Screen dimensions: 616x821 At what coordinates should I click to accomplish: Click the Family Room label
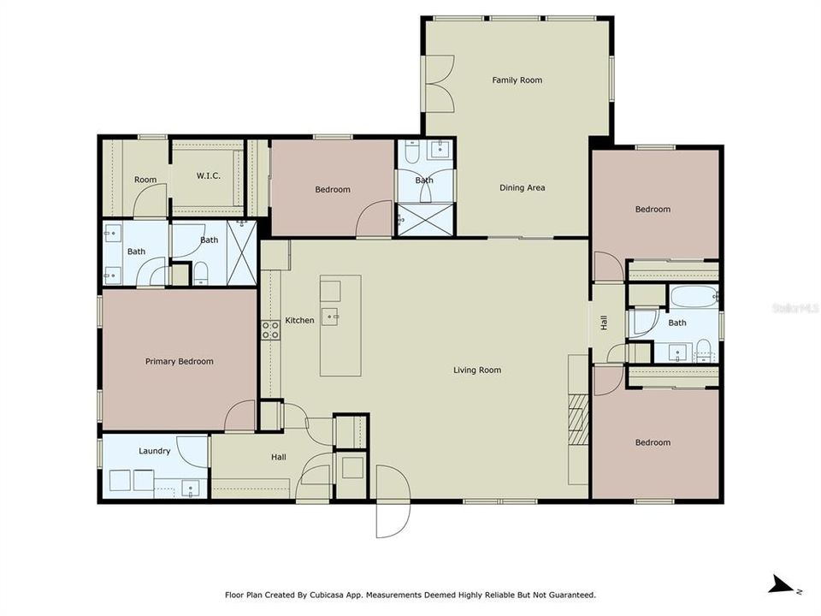(x=517, y=80)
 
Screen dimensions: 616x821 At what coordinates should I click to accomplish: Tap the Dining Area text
(x=522, y=188)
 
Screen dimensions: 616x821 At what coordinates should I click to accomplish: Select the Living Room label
(x=476, y=370)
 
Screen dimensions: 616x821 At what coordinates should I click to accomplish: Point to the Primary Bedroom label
(x=179, y=362)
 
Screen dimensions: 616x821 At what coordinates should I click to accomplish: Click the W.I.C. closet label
(x=209, y=176)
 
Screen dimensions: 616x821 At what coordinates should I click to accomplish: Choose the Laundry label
(x=155, y=451)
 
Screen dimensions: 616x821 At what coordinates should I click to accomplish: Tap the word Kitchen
(x=299, y=321)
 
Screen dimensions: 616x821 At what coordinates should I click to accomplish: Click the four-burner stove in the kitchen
(x=270, y=329)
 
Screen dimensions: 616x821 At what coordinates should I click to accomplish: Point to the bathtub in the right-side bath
(x=693, y=298)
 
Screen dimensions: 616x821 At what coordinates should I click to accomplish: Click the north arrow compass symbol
(x=780, y=585)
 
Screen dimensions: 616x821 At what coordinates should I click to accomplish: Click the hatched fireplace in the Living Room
(x=579, y=419)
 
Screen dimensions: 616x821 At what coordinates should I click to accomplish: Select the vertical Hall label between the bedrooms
(x=604, y=323)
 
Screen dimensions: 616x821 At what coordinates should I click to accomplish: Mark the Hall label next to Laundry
(x=279, y=458)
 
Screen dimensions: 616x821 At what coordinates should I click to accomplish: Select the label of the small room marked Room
(x=145, y=180)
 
